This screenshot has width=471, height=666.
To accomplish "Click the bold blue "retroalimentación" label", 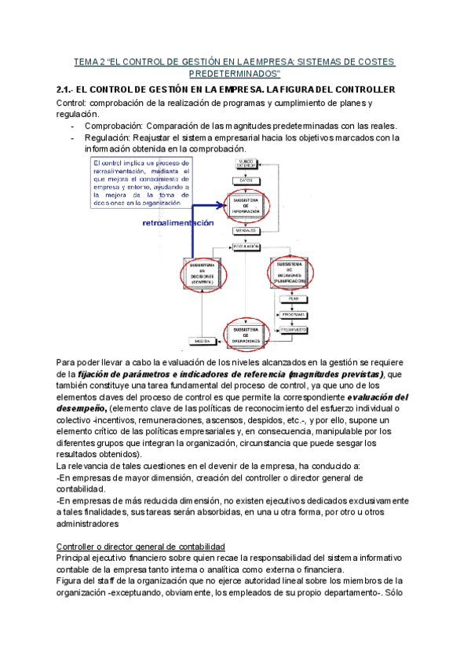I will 178,223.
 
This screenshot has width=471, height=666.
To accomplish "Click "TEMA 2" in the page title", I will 89,61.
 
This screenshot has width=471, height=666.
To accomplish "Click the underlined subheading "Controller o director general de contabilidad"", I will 141,546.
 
